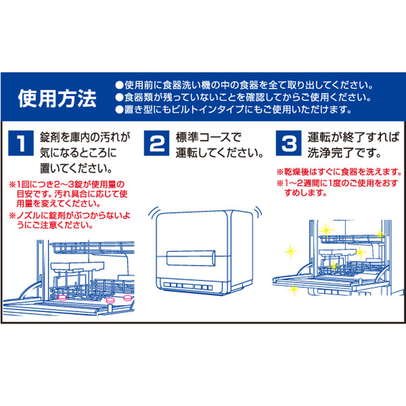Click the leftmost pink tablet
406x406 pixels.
tap(62, 298)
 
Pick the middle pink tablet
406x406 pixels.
tap(110, 301)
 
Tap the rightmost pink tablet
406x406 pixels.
tap(127, 297)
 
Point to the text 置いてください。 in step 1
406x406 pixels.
tap(76, 167)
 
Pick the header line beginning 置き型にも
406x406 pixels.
tap(233, 110)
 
